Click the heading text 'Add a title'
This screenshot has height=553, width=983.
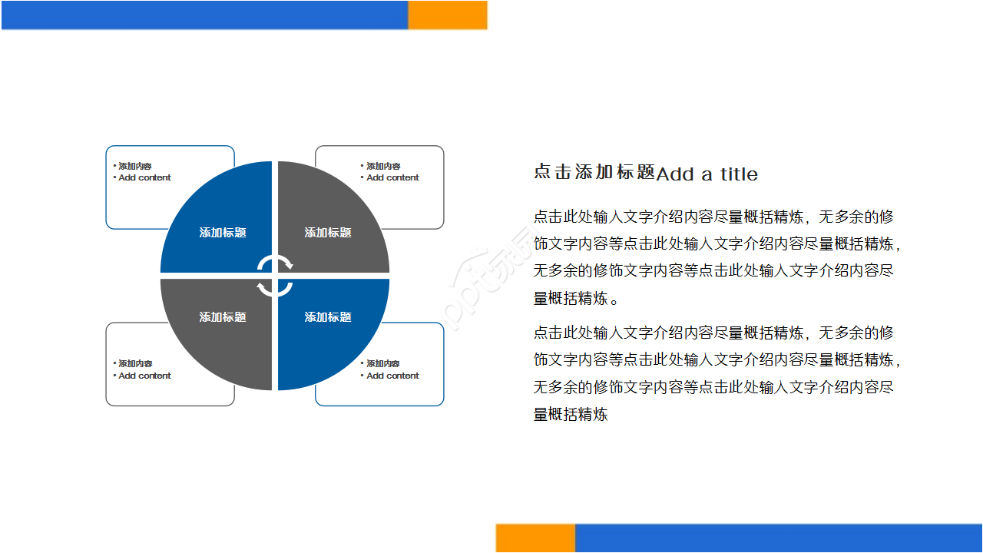click(707, 174)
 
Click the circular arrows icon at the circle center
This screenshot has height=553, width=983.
click(275, 276)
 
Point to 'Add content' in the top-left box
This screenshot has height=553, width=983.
click(144, 178)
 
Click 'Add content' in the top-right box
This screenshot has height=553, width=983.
click(392, 178)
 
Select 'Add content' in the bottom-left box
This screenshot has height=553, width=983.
click(144, 376)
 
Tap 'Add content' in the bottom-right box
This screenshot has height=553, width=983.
click(392, 376)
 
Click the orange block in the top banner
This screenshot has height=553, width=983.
click(447, 15)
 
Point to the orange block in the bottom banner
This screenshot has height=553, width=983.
click(535, 538)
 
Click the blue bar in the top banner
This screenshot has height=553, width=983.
click(204, 15)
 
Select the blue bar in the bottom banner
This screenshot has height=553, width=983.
click(778, 538)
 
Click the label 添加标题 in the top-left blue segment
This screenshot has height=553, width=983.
click(223, 233)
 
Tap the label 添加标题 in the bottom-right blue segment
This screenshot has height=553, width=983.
click(328, 317)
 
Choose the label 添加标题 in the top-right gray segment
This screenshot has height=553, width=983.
click(328, 233)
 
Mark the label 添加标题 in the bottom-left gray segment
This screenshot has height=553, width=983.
click(223, 317)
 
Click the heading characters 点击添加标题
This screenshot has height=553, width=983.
click(594, 173)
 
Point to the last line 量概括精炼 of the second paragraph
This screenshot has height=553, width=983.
click(571, 415)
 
